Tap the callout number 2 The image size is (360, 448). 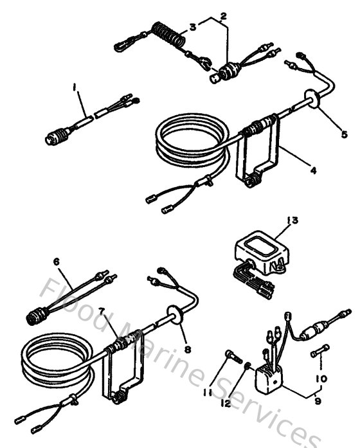click(x=223, y=14)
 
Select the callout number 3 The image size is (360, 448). click(x=193, y=27)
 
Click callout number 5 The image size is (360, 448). click(x=345, y=134)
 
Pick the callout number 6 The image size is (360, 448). click(x=56, y=262)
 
